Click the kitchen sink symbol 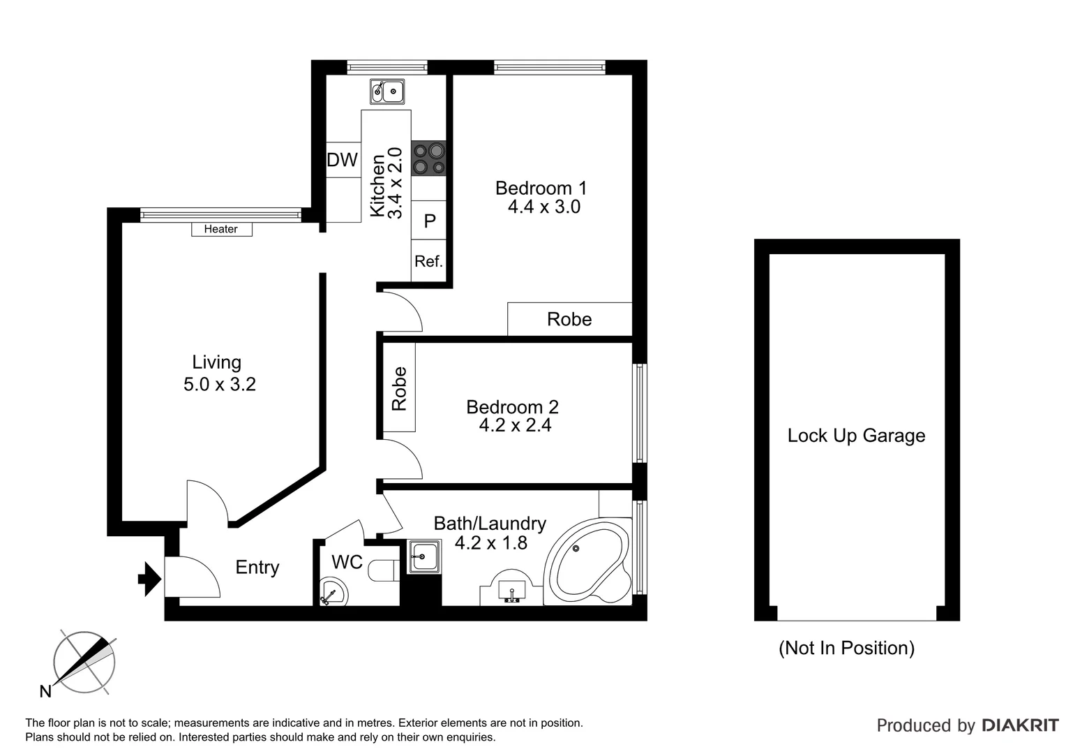(x=388, y=91)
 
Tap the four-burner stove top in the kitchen (x=428, y=158)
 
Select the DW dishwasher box (x=343, y=160)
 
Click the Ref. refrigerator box (x=428, y=261)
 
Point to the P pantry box (x=429, y=221)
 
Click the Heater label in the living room (x=221, y=229)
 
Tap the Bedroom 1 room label (x=541, y=188)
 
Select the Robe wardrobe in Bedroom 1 (x=569, y=319)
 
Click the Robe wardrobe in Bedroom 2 (x=399, y=388)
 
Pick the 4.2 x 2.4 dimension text (x=515, y=425)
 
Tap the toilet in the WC (x=383, y=570)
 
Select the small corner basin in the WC (x=332, y=593)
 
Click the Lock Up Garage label (x=856, y=436)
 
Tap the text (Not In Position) (x=846, y=648)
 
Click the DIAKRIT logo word (x=1019, y=725)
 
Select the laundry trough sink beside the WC (x=423, y=557)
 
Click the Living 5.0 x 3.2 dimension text (x=219, y=384)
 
